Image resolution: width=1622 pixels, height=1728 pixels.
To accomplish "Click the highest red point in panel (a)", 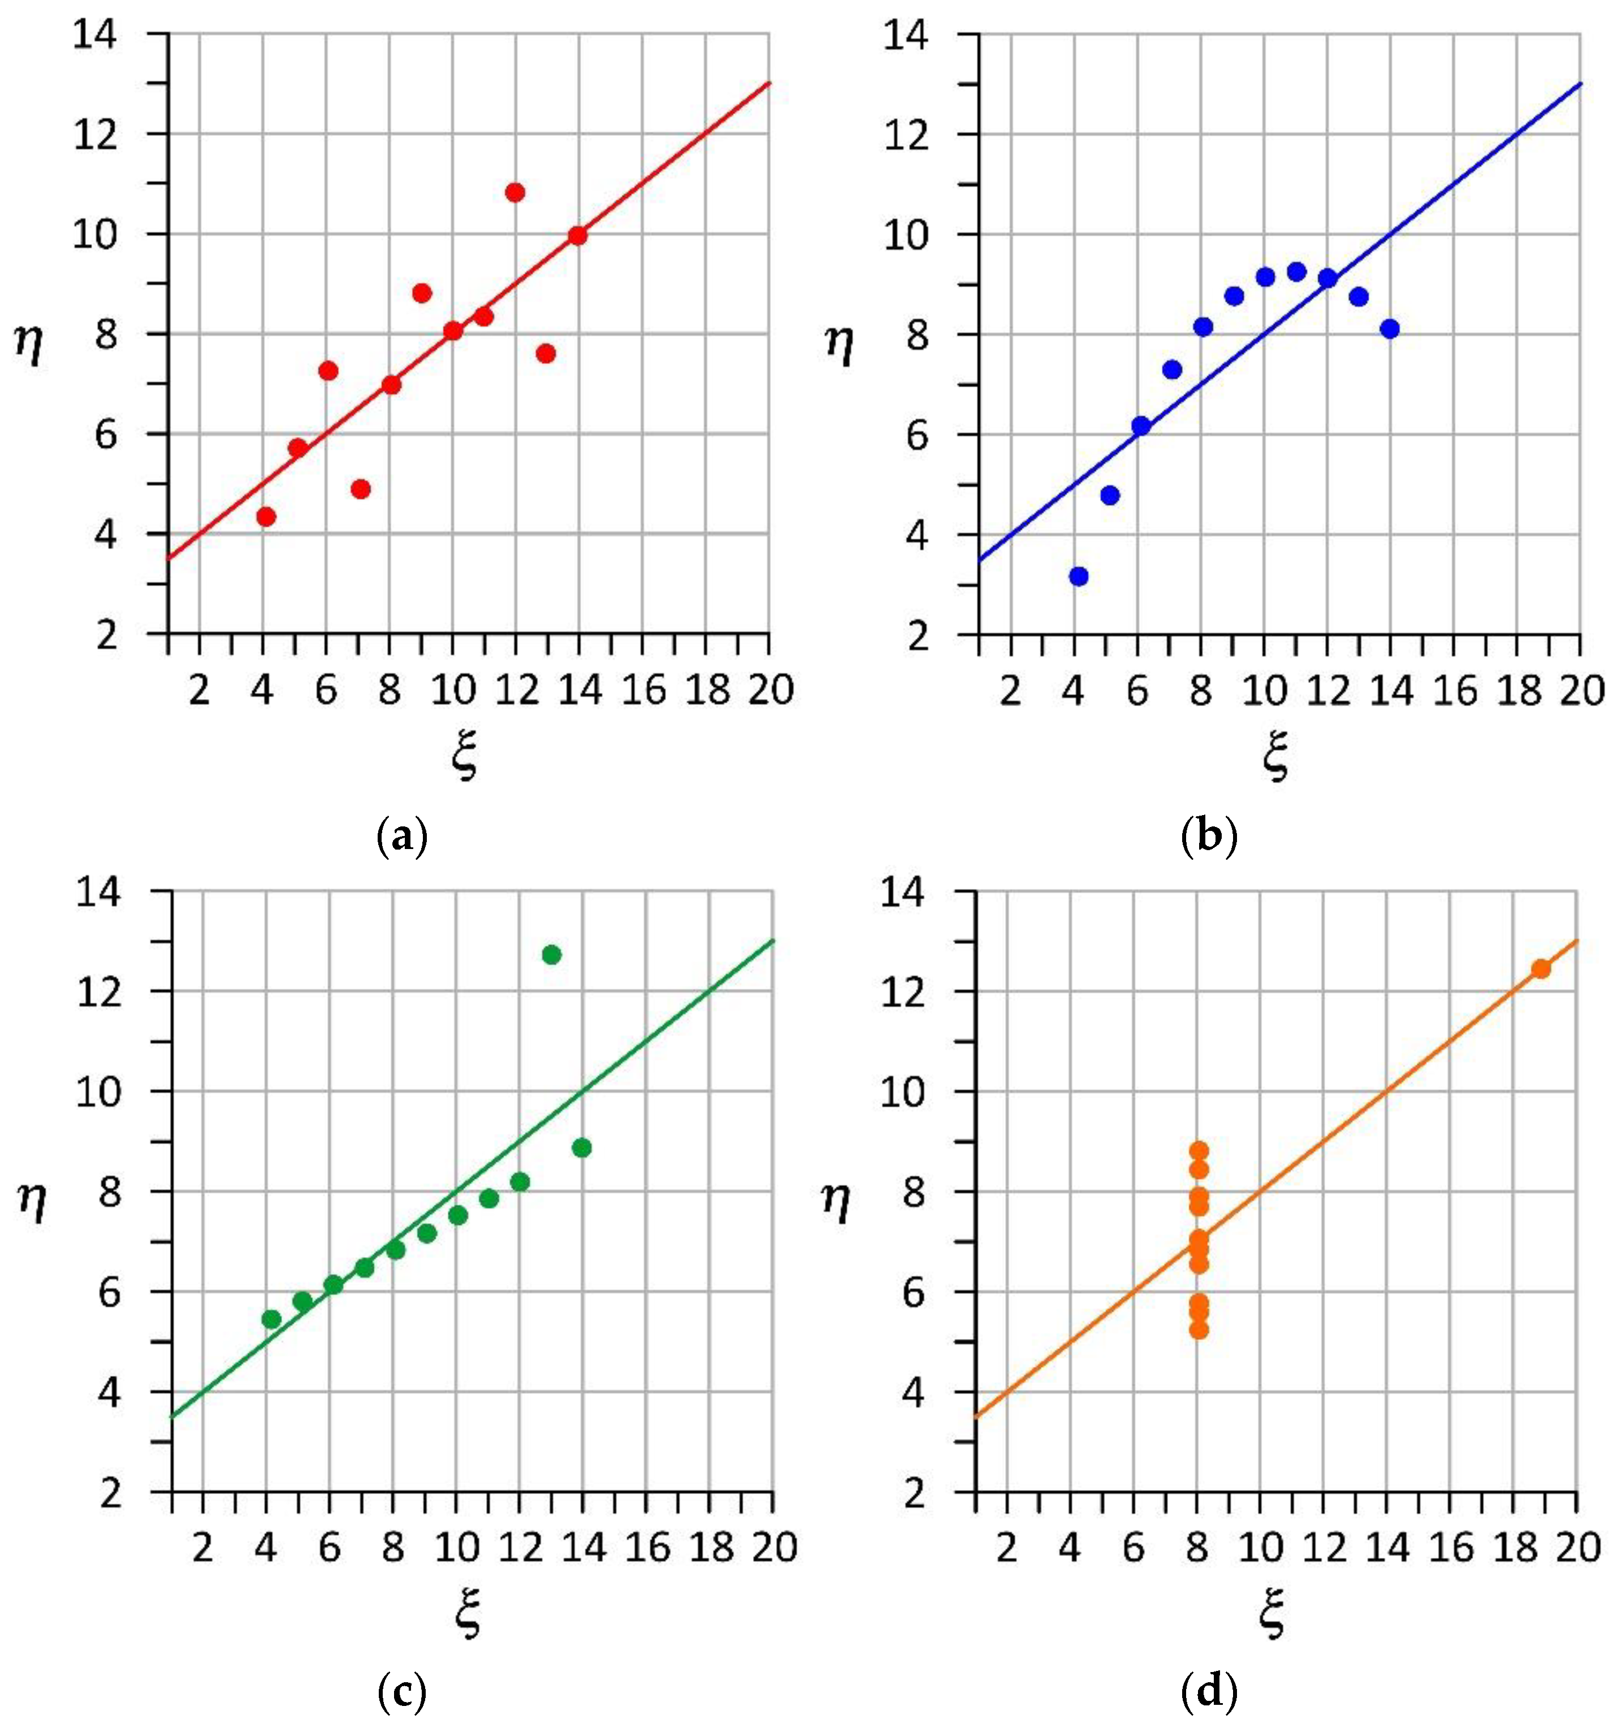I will coord(514,192).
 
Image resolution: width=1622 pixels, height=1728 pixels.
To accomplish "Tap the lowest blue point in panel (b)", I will coord(1079,577).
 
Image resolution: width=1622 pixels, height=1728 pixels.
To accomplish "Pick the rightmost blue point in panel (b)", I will coord(1389,328).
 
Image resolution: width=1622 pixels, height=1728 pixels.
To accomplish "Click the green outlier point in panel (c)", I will coord(551,954).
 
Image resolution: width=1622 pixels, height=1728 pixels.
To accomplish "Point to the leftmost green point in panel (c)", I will coord(271,1319).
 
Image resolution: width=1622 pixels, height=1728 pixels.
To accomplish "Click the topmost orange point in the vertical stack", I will coord(1199,1151).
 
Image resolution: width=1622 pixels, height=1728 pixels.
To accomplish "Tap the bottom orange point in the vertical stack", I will coord(1199,1329).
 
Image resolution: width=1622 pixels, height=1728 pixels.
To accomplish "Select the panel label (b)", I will coord(1209,837).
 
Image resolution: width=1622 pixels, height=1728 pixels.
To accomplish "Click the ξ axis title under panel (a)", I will coord(466,756).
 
